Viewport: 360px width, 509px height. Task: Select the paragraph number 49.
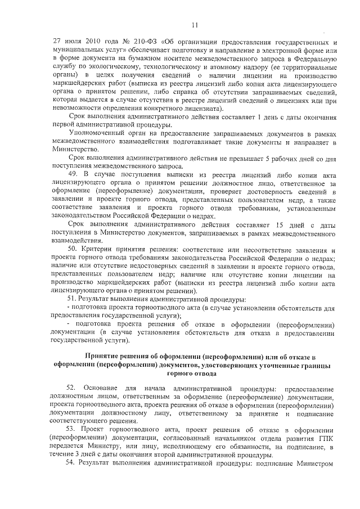[72, 174]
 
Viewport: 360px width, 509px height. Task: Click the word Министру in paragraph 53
[106, 447]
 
